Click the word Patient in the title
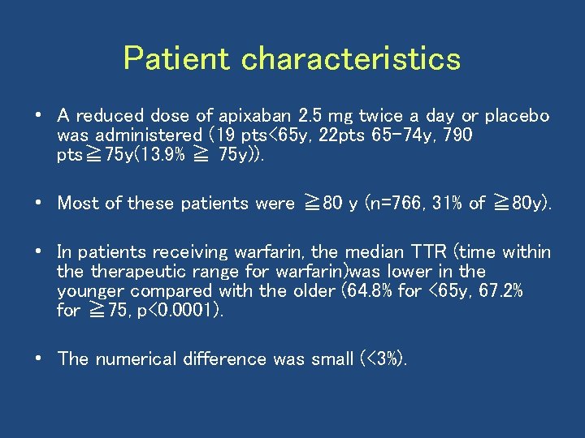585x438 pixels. coord(178,58)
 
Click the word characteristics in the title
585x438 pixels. coord(351,58)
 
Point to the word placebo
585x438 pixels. coord(517,116)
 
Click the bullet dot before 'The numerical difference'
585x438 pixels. coord(40,359)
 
